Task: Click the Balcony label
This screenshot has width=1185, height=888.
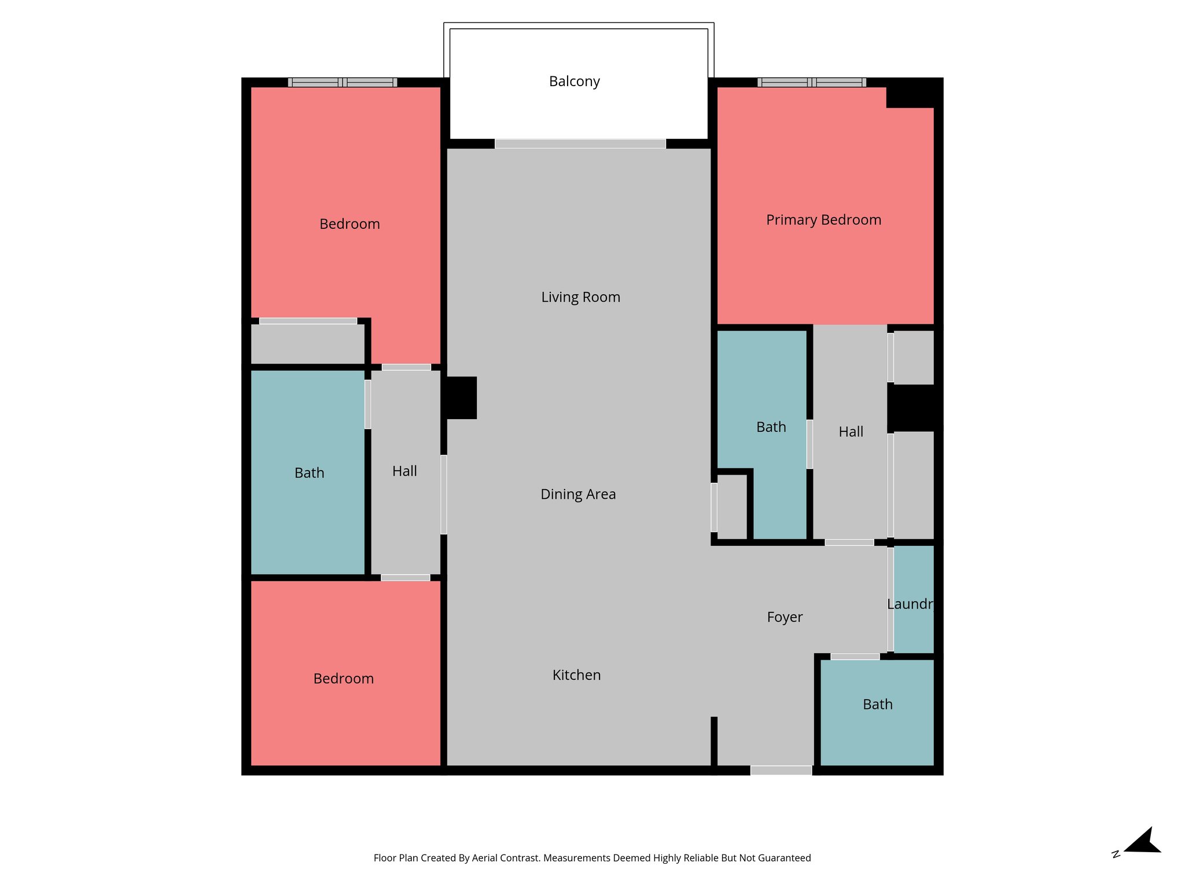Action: [x=574, y=82]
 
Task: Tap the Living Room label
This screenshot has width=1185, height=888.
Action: [x=580, y=297]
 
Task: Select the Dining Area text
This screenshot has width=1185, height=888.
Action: [x=577, y=494]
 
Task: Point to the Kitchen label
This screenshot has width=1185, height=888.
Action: [x=576, y=675]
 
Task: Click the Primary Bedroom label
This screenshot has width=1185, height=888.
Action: [x=823, y=220]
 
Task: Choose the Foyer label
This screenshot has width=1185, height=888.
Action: [x=785, y=617]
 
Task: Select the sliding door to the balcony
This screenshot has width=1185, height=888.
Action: [x=580, y=144]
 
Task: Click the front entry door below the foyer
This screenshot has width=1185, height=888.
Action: [x=781, y=770]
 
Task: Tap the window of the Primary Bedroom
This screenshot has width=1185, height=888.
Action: [x=811, y=82]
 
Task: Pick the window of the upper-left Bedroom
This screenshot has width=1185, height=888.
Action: [x=342, y=82]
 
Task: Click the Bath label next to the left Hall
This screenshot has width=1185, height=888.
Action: [x=309, y=473]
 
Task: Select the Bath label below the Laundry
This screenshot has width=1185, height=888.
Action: [x=877, y=705]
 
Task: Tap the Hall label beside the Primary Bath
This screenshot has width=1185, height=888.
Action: [x=851, y=432]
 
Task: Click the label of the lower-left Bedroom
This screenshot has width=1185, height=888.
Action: [x=343, y=679]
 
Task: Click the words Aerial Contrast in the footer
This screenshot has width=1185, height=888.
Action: [x=505, y=858]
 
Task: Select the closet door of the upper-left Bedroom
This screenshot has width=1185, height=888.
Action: [x=308, y=321]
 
